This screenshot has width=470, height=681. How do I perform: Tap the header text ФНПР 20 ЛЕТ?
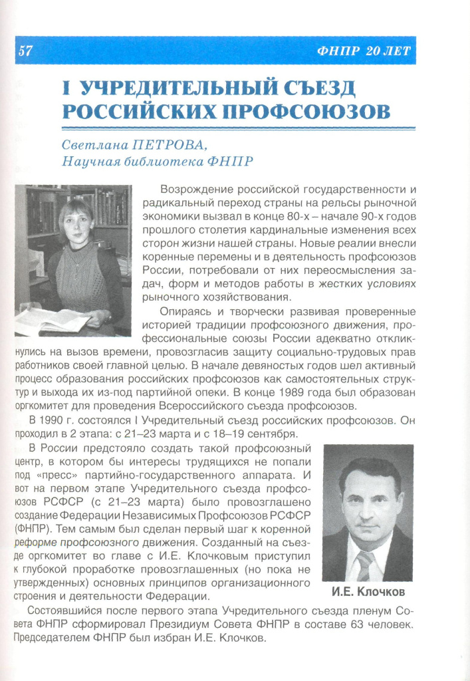[364, 52]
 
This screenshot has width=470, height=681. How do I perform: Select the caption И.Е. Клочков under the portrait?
[368, 591]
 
